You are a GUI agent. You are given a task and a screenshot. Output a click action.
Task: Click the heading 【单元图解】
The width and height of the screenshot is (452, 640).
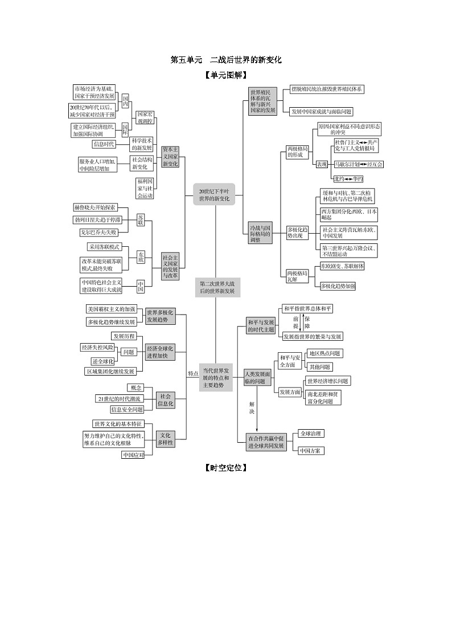(225, 75)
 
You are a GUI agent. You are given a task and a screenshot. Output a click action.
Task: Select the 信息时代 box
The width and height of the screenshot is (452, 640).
(104, 144)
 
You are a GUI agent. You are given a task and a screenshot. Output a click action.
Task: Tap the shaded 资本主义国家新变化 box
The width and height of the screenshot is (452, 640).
(170, 156)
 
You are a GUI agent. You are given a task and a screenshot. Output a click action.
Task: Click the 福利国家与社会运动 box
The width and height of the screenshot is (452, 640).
(145, 187)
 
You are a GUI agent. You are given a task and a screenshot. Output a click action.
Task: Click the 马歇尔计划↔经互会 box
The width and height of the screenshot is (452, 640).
(358, 164)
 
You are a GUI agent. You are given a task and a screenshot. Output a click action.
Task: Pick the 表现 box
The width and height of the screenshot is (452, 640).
(322, 164)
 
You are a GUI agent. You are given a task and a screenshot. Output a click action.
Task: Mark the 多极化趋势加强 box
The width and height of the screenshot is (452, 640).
(338, 286)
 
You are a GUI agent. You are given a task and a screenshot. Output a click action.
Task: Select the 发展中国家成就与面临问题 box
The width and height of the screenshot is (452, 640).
(321, 112)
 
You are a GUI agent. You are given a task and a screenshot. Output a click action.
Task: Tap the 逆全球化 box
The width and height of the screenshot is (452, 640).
(103, 361)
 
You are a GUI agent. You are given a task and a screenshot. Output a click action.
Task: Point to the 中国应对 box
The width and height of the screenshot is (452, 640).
(133, 455)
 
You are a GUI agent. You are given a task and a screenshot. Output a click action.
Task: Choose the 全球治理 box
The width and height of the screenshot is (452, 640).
(311, 434)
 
